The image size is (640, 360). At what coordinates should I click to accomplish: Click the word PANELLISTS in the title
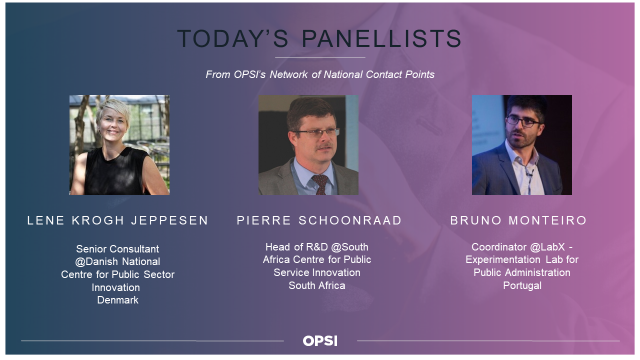pyautogui.click(x=382, y=39)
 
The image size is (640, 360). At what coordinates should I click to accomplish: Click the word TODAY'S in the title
pyautogui.click(x=233, y=39)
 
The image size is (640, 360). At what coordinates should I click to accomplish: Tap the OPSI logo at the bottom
pyautogui.click(x=320, y=341)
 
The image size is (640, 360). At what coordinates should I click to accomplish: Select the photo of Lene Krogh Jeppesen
pyautogui.click(x=119, y=145)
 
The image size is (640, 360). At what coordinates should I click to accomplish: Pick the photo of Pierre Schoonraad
pyautogui.click(x=309, y=145)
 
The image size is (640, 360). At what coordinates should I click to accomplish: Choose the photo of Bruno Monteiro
pyautogui.click(x=522, y=145)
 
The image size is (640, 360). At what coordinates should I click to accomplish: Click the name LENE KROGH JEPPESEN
pyautogui.click(x=118, y=220)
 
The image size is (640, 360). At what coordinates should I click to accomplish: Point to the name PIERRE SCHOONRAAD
pyautogui.click(x=319, y=220)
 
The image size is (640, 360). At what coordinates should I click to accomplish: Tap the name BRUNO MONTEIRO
pyautogui.click(x=518, y=220)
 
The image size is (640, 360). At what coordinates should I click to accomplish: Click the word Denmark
pyautogui.click(x=118, y=300)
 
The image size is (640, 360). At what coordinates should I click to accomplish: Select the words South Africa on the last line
pyautogui.click(x=317, y=285)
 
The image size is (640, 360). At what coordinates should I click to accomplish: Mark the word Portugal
pyautogui.click(x=522, y=285)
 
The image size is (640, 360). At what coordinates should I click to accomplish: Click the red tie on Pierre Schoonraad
pyautogui.click(x=321, y=184)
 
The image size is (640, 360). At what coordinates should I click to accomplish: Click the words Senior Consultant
pyautogui.click(x=118, y=249)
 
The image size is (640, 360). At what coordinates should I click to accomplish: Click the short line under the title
pyautogui.click(x=320, y=58)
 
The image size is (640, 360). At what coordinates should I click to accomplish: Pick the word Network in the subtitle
pyautogui.click(x=289, y=74)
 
